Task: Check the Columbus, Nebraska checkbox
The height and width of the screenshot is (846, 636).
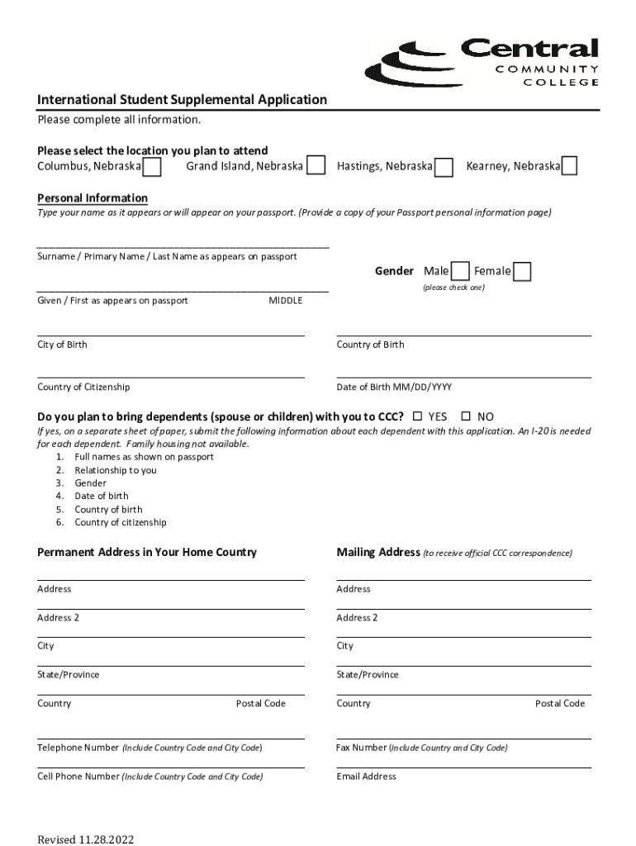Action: point(151,167)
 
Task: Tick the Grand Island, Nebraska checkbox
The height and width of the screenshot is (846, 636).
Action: point(315,167)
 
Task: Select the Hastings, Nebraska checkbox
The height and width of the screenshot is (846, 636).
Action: point(444,167)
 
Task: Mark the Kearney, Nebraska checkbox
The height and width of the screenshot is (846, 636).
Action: point(569,167)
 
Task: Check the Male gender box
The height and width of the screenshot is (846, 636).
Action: point(460,272)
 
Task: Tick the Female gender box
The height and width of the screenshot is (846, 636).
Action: point(522,272)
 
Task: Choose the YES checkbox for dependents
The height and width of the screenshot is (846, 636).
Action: point(417,416)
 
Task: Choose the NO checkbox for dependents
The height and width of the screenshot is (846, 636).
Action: point(466,416)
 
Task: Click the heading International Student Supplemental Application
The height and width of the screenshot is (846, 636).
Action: point(182,100)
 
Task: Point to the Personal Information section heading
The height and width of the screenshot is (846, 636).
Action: point(93,198)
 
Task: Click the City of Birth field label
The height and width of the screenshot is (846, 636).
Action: point(62,345)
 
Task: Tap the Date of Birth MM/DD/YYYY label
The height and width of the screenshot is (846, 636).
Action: point(394,387)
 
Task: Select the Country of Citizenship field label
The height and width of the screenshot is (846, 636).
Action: point(83,387)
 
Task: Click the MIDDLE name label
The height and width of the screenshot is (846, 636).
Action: point(286,301)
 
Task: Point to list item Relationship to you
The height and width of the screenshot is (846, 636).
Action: point(115,470)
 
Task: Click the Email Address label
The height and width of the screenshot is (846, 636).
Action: point(366,777)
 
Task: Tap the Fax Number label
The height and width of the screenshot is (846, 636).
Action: point(361,748)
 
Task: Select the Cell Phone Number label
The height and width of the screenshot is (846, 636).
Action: point(78,777)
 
